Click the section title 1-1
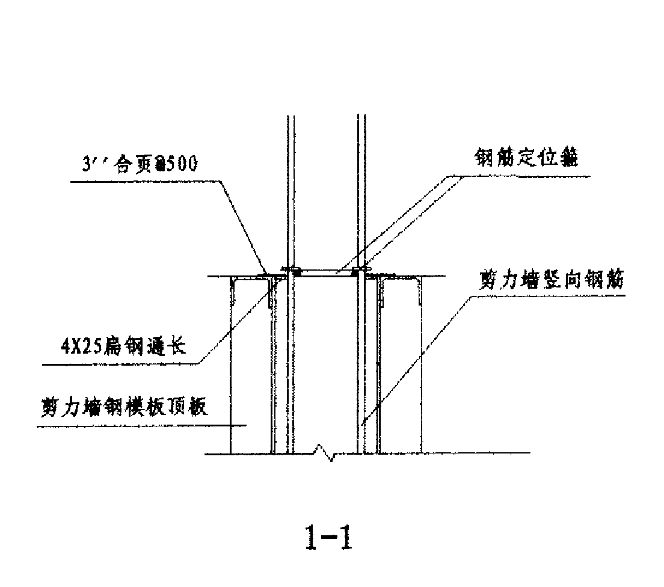tap(327, 538)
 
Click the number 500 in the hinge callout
tap(182, 164)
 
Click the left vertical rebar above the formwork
tap(290, 192)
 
